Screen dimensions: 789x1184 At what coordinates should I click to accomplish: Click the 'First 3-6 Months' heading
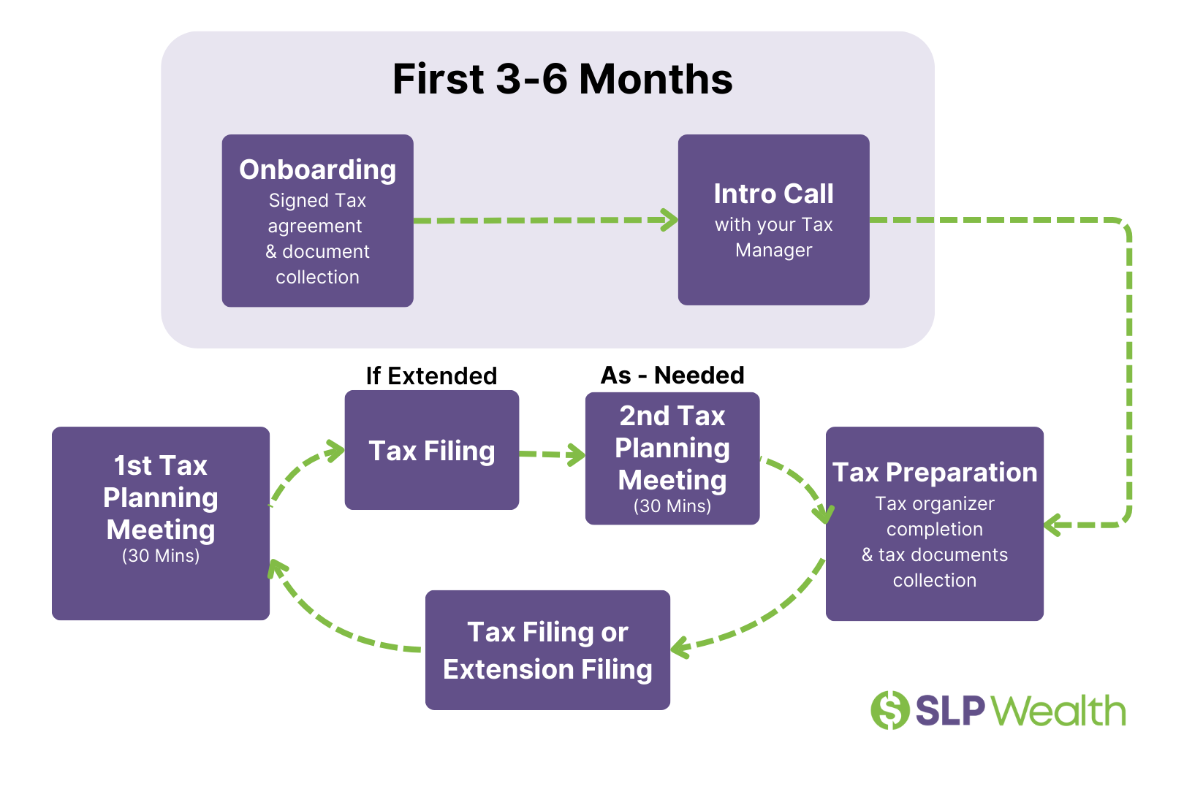(562, 79)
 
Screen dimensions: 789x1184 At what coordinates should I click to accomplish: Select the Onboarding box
(317, 220)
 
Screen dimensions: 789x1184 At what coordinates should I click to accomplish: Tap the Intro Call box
(773, 219)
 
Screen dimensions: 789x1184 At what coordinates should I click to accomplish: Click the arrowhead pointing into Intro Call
(669, 220)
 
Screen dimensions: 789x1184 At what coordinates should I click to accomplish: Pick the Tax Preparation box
(934, 523)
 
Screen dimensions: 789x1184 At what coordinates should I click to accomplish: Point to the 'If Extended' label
(431, 376)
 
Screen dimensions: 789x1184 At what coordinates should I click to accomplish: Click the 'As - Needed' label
(672, 375)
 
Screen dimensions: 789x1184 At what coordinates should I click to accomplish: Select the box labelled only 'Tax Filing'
(431, 450)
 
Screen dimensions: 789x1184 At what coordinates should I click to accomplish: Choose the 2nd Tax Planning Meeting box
(672, 458)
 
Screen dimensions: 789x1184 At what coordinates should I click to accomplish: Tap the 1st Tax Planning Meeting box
(161, 523)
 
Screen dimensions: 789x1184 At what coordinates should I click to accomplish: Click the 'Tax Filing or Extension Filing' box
(547, 649)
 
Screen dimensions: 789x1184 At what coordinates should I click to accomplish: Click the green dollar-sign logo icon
(889, 710)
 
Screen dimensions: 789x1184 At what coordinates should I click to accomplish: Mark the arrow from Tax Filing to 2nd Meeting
(552, 454)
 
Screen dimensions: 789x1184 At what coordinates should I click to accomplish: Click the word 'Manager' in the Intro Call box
(773, 250)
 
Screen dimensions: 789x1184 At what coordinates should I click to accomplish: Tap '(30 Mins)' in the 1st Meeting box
(161, 556)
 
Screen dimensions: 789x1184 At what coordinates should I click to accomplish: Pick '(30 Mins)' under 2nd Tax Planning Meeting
(672, 506)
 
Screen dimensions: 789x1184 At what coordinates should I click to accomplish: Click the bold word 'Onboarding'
(317, 169)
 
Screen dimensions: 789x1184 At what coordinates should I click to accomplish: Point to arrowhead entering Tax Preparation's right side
(1053, 525)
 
